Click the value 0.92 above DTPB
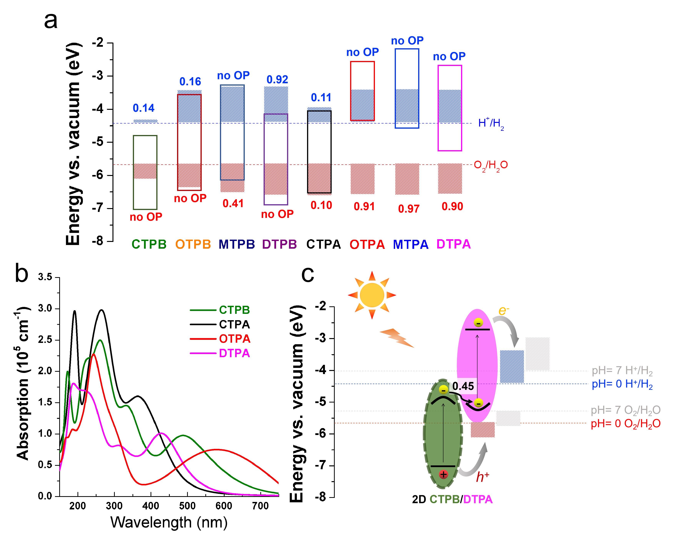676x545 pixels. click(x=277, y=79)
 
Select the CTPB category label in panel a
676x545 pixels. click(x=149, y=244)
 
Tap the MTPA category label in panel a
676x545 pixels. click(x=410, y=244)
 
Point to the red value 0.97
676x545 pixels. click(x=409, y=209)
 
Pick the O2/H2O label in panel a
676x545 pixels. click(x=490, y=165)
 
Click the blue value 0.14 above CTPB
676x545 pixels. click(x=143, y=108)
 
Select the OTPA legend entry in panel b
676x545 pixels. click(x=234, y=339)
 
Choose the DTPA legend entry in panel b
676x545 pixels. click(x=234, y=353)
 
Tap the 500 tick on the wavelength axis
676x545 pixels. click(x=187, y=506)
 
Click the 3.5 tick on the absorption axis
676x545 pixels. click(x=45, y=277)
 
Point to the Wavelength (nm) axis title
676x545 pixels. click(x=169, y=522)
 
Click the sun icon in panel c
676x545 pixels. click(x=372, y=295)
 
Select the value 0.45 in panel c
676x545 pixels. click(x=463, y=386)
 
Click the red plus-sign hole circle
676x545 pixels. click(x=443, y=474)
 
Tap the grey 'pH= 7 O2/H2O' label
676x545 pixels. click(x=625, y=410)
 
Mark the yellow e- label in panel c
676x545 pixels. click(x=503, y=311)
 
